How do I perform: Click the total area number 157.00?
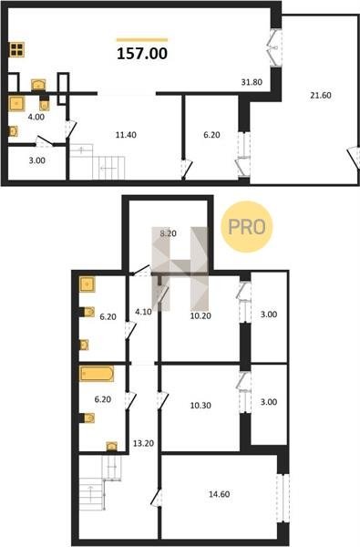(x=142, y=54)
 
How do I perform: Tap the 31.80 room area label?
(x=252, y=82)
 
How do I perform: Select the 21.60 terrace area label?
(x=321, y=95)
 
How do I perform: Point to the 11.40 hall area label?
(x=126, y=135)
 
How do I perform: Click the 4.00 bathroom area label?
(x=36, y=117)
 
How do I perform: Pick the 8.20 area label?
(x=168, y=233)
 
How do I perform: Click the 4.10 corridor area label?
(x=143, y=312)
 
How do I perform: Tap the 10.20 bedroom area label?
(x=201, y=316)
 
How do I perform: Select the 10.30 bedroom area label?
(x=201, y=406)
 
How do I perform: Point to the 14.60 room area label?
(x=219, y=494)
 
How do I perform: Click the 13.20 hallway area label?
(x=143, y=443)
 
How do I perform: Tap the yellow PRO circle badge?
(x=247, y=227)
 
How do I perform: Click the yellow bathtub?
(x=97, y=374)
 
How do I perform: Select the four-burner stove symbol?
(x=16, y=49)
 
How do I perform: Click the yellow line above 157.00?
(x=142, y=40)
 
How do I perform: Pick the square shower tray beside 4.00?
(x=16, y=104)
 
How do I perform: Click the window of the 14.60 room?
(x=283, y=498)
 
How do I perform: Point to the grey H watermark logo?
(x=180, y=269)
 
